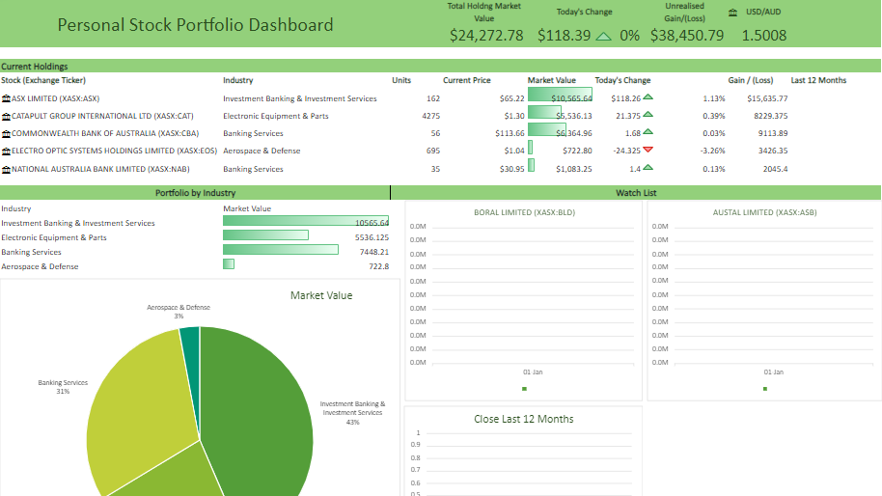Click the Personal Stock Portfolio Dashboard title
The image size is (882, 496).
click(x=195, y=25)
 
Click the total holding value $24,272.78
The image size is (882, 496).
click(x=486, y=35)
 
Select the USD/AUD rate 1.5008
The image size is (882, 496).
click(x=763, y=35)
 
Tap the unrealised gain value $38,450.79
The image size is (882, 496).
click(x=687, y=35)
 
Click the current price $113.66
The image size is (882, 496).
click(x=510, y=133)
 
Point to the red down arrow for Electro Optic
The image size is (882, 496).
click(x=648, y=150)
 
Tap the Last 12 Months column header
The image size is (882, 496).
click(x=818, y=80)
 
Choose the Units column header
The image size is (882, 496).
click(x=401, y=80)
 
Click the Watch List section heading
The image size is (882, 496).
click(x=636, y=193)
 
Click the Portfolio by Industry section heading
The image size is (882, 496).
click(x=195, y=193)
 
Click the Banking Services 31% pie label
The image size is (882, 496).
click(x=63, y=387)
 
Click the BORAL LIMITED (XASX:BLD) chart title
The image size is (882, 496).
click(x=524, y=212)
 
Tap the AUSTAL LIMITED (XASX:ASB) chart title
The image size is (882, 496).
click(x=764, y=212)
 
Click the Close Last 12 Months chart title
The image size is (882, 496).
click(x=524, y=419)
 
